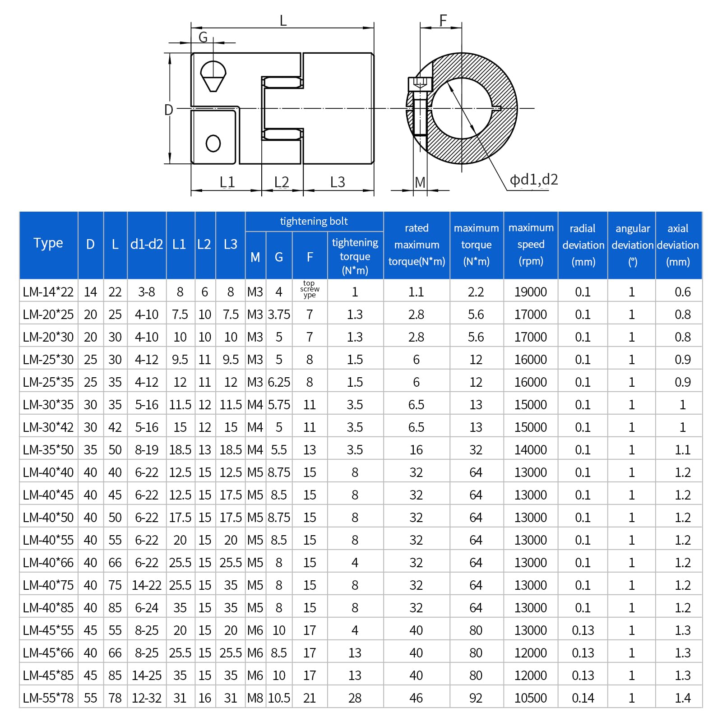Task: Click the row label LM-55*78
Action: (x=48, y=698)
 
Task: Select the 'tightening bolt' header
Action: (x=314, y=221)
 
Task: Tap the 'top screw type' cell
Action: (x=310, y=289)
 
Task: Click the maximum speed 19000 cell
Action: (x=530, y=292)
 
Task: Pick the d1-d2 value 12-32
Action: (x=146, y=698)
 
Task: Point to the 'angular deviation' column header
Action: (x=632, y=245)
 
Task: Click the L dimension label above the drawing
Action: (x=283, y=21)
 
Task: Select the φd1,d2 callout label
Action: (x=533, y=180)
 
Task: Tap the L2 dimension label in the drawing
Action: (x=282, y=182)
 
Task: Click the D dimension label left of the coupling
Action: (x=168, y=110)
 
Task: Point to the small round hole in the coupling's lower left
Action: (x=213, y=143)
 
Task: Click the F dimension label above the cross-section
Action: (x=443, y=20)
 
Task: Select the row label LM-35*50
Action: (x=48, y=450)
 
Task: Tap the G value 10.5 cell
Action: (x=279, y=698)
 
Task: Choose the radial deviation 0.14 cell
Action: (x=583, y=698)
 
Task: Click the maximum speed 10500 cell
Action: (x=530, y=698)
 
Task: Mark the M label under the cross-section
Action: (x=420, y=182)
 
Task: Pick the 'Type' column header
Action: (x=48, y=243)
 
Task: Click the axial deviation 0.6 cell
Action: (x=682, y=292)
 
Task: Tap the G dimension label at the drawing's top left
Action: (x=203, y=37)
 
